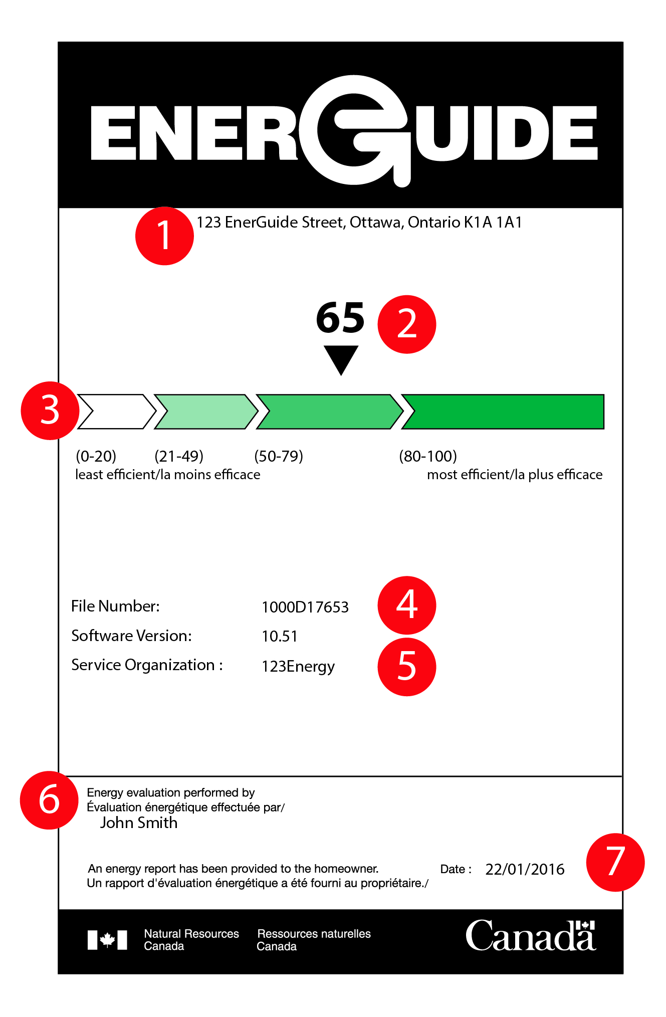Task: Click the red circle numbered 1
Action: (x=164, y=236)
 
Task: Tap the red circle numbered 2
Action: (x=406, y=324)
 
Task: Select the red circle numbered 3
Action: (x=50, y=411)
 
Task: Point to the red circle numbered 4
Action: (x=406, y=605)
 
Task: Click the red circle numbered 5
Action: (x=406, y=667)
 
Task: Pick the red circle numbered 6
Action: (x=49, y=800)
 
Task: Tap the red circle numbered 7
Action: (x=615, y=862)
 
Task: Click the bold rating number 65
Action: (x=340, y=318)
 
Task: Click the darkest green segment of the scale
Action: (x=506, y=412)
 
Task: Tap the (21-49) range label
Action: (x=179, y=456)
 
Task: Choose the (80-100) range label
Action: (x=428, y=456)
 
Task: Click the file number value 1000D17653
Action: (x=305, y=607)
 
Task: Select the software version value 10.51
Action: (x=280, y=637)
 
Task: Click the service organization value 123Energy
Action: (x=298, y=667)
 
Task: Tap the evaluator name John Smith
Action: (x=139, y=823)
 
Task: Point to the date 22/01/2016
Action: (x=525, y=869)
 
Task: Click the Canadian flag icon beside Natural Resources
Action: (x=107, y=940)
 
